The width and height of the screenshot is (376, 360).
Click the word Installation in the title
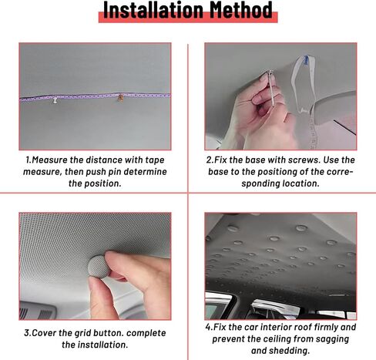tap(153, 10)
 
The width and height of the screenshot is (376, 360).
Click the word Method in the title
tap(241, 10)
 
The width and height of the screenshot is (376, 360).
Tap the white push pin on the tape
tap(55, 99)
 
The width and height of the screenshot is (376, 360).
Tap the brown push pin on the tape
tap(120, 98)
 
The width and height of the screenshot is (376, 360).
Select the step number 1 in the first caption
tap(28, 160)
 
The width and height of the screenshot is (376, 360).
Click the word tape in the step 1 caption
tap(155, 160)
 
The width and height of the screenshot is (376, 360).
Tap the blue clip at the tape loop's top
tap(306, 60)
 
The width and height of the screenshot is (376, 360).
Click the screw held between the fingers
tap(271, 87)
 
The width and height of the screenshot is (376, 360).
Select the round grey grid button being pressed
tap(99, 267)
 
